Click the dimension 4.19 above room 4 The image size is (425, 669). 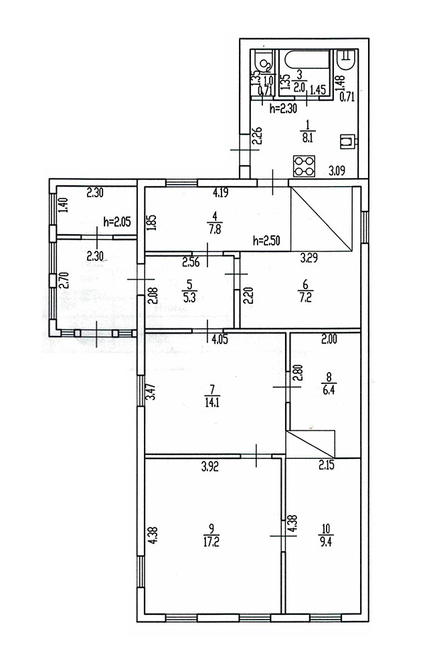[x=222, y=194]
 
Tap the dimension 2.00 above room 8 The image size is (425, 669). [x=328, y=340]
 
